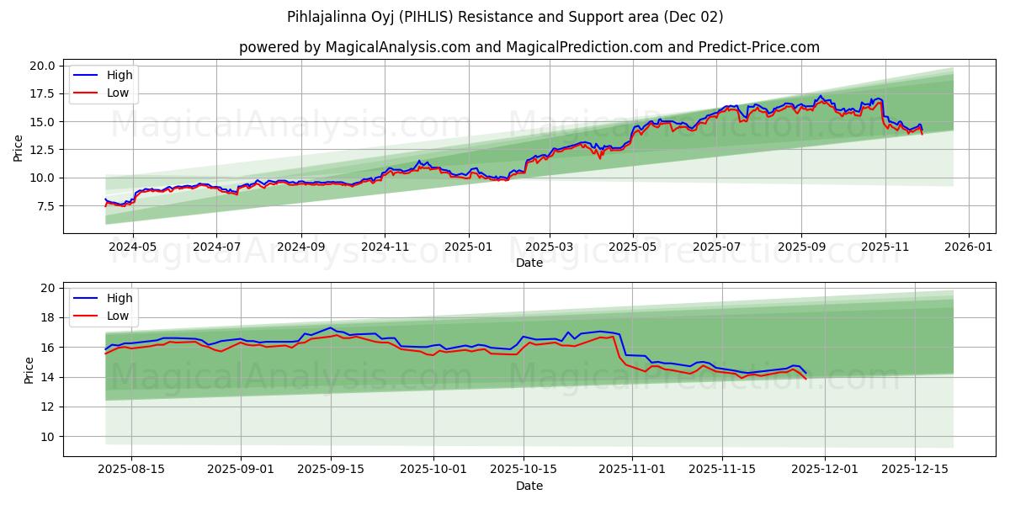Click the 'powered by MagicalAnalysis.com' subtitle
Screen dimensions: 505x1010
[x=529, y=47]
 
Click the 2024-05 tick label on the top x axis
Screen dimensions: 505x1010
[x=133, y=247]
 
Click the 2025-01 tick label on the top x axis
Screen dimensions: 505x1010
[x=468, y=247]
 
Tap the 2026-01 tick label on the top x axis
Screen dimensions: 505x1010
[x=968, y=247]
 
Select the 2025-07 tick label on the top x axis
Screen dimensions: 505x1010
[x=716, y=247]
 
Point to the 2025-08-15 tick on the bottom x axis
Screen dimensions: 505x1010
[x=132, y=470]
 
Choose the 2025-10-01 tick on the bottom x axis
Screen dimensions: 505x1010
[x=433, y=470]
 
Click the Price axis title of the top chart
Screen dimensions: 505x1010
[x=19, y=148]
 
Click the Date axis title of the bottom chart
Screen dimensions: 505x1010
[x=529, y=486]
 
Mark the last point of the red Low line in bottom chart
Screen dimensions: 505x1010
[x=805, y=379]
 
